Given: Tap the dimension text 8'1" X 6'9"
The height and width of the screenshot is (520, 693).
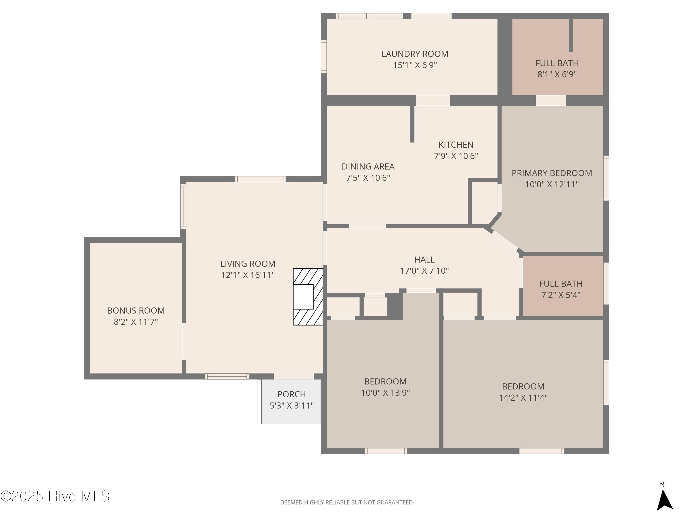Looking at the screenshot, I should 557,74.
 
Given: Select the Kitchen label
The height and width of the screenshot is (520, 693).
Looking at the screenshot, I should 456,145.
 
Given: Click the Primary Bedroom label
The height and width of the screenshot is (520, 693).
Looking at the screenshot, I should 551,173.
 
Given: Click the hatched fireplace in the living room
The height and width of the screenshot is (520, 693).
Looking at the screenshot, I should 308,297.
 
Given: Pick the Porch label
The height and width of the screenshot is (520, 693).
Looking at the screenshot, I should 291,394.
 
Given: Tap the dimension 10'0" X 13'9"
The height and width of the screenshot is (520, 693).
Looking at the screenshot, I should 385,393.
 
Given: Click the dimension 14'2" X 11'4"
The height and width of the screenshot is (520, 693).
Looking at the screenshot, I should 523,398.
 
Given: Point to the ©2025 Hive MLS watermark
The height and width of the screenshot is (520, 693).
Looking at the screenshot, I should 55,496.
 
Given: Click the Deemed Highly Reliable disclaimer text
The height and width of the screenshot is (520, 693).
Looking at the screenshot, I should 346,502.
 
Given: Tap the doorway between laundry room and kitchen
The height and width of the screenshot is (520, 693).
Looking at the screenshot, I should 433,101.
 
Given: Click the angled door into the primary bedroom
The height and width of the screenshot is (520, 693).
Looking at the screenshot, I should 505,241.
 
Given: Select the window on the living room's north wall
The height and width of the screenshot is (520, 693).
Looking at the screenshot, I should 260,179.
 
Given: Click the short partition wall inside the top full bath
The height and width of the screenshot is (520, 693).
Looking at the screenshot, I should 571,35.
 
